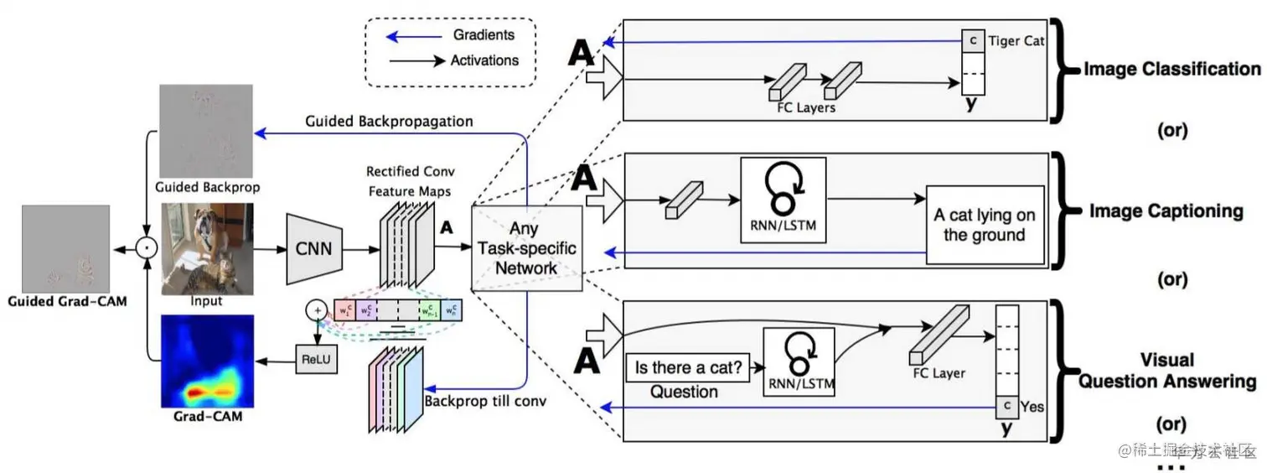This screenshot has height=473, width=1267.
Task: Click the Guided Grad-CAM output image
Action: pos(65,247)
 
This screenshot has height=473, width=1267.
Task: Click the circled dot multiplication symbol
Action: pos(147,247)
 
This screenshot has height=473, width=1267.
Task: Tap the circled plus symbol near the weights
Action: pos(317,310)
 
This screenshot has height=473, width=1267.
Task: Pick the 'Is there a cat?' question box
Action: pos(690,366)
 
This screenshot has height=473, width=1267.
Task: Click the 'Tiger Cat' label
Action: pos(1016,40)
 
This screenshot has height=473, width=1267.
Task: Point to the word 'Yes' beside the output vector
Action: pos(1032,406)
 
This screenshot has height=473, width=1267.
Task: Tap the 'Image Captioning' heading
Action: pos(1165,211)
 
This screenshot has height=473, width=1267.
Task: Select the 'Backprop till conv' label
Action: pos(485,401)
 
